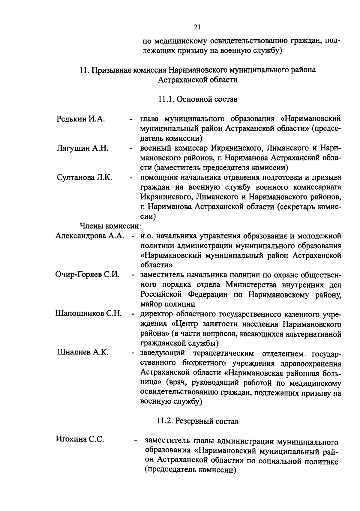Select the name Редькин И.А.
pyautogui.click(x=80, y=119)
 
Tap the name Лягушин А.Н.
pyautogui.click(x=82, y=148)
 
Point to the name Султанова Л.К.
pyautogui.click(x=84, y=177)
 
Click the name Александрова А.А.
pyautogui.click(x=90, y=236)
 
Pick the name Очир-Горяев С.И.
pyautogui.click(x=88, y=274)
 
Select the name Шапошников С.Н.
pyautogui.click(x=88, y=314)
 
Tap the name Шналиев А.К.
pyautogui.click(x=82, y=352)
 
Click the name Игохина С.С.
pyautogui.click(x=80, y=439)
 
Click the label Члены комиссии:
pyautogui.click(x=110, y=226)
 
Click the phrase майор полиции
pyautogui.click(x=168, y=304)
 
